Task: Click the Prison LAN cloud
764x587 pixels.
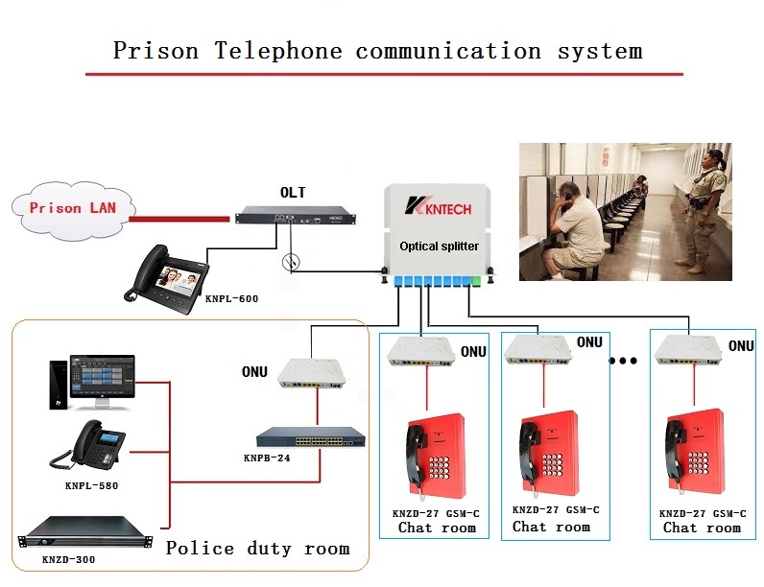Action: [68, 207]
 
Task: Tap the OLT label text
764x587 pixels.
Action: [293, 193]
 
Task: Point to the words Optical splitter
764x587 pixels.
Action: [439, 247]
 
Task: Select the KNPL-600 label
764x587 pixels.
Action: [231, 298]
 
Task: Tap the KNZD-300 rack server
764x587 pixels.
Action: [82, 534]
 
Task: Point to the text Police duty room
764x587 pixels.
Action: [257, 549]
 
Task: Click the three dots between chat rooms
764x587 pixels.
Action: [624, 362]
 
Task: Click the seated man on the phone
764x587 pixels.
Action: [573, 228]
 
